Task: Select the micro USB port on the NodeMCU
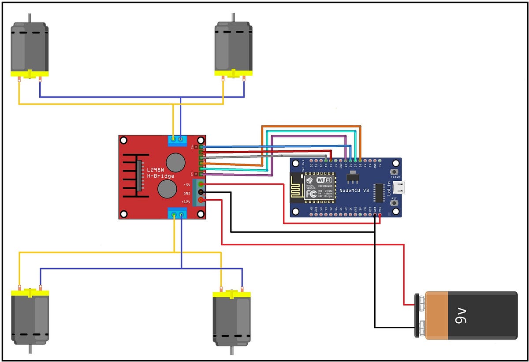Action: tap(399, 187)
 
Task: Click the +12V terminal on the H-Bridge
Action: tap(201, 201)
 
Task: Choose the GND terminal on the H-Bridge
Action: tap(201, 193)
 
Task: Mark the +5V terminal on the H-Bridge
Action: tap(201, 184)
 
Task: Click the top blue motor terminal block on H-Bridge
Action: tap(177, 140)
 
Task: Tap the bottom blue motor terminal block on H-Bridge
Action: tap(177, 214)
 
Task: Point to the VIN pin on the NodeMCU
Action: tap(380, 215)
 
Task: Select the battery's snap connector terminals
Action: tap(421, 315)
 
